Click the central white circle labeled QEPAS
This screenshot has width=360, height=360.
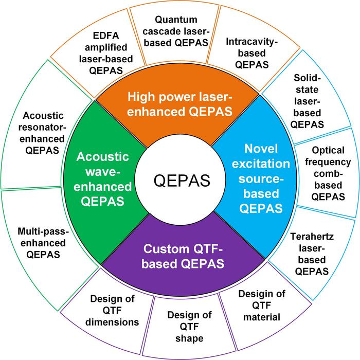coord(180,180)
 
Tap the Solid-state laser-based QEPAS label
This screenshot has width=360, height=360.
coord(307,101)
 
